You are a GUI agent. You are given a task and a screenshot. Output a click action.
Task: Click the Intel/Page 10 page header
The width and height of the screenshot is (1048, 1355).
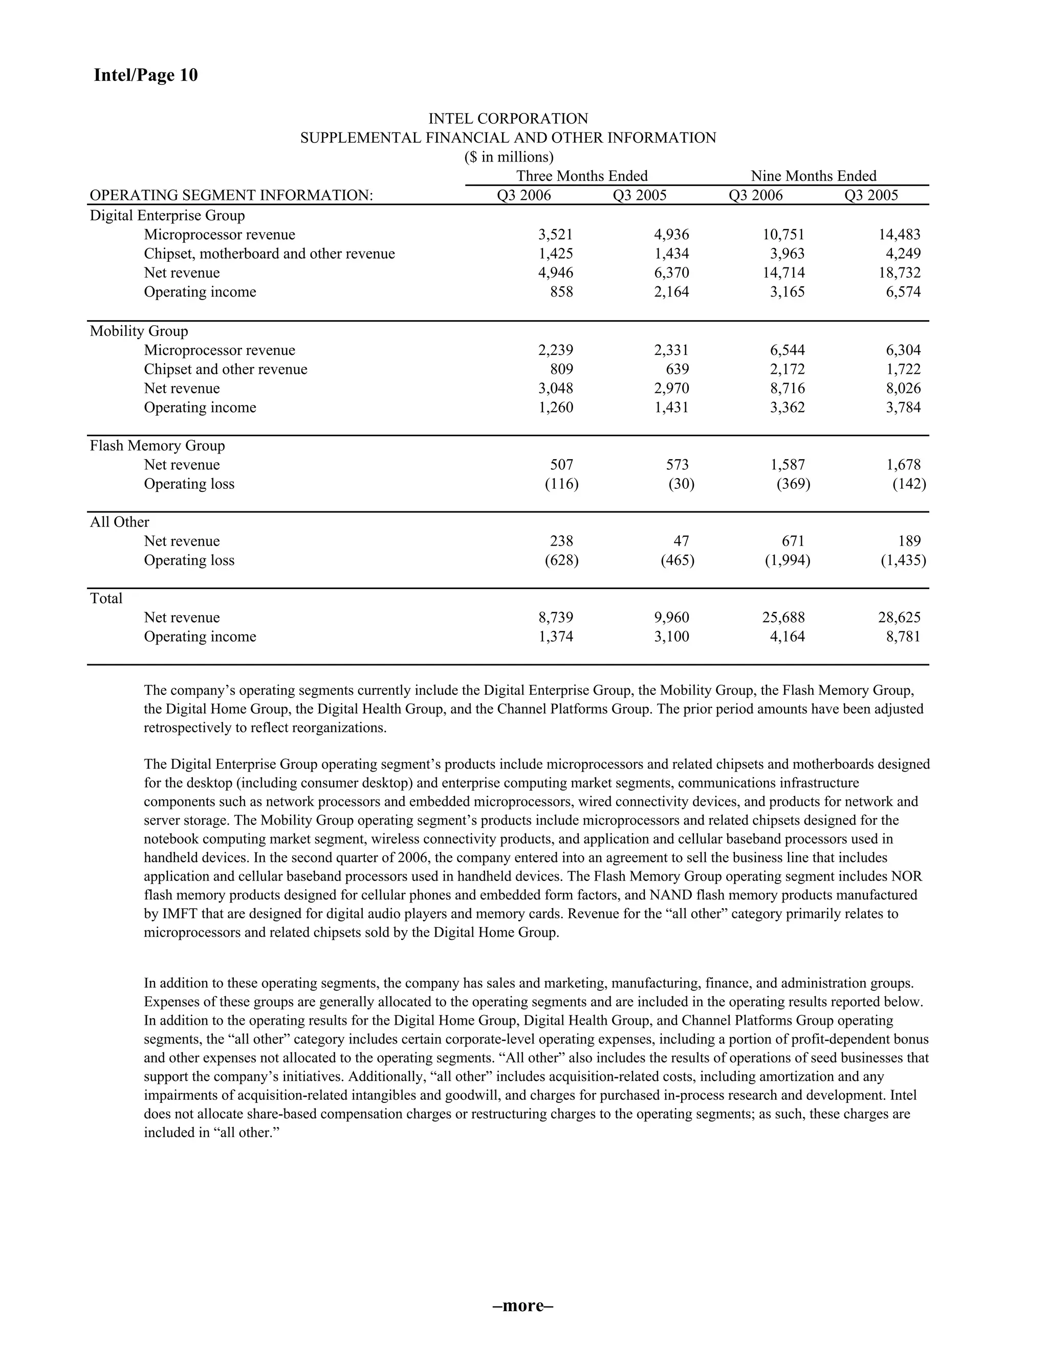pos(145,75)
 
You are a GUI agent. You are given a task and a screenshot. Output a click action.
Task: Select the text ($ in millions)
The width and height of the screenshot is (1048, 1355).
pos(509,157)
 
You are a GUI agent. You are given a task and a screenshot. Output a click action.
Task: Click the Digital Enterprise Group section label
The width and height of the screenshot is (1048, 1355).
pos(167,215)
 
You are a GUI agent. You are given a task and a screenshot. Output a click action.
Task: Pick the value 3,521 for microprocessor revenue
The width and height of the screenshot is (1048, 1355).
pos(555,235)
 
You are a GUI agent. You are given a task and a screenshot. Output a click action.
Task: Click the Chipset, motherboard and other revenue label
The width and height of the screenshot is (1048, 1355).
pos(269,254)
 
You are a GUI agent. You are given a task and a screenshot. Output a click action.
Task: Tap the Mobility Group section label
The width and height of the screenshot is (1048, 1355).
pos(139,331)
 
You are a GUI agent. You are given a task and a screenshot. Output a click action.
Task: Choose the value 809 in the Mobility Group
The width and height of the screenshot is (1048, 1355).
pos(561,369)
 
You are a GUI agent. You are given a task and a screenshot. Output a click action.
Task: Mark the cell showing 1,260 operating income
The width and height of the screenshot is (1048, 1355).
pos(555,408)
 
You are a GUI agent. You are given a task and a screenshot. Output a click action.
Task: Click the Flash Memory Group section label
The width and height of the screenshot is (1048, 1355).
pos(157,445)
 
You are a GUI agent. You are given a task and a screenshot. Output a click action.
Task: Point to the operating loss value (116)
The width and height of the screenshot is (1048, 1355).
pos(561,484)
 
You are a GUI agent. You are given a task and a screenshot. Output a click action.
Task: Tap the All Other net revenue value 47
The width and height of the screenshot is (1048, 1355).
pos(681,541)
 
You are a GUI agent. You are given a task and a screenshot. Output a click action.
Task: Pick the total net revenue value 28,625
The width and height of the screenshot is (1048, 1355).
pos(899,617)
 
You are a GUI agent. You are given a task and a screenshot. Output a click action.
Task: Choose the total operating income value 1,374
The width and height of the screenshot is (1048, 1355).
pos(555,637)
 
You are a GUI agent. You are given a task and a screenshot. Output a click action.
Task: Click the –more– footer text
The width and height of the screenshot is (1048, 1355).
pos(523,1305)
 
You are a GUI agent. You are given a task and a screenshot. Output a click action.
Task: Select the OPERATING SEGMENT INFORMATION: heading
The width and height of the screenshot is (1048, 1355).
pos(231,195)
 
